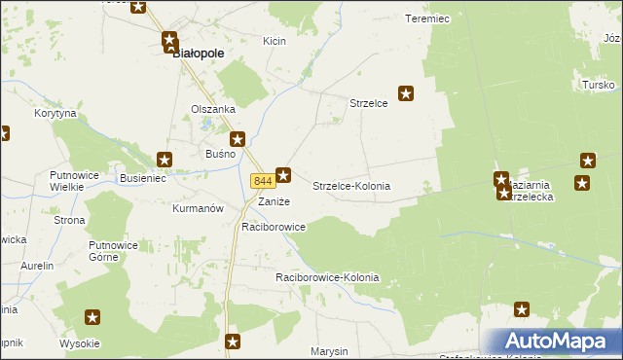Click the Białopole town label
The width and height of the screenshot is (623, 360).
200,54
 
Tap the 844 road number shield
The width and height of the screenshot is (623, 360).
261,181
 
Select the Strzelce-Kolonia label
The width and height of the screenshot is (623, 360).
351,185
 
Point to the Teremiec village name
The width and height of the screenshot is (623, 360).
426,18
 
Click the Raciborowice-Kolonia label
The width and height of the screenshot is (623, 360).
327,277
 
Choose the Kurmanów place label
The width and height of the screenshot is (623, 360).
198,208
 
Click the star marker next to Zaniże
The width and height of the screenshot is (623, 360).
283,175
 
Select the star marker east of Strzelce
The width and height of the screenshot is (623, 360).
406,94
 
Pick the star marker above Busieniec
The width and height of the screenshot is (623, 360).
165,159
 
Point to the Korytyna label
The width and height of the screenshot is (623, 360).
55,113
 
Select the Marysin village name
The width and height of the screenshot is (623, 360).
330,350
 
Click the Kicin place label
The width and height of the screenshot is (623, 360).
275,41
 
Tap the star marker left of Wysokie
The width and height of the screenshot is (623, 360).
93,316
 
